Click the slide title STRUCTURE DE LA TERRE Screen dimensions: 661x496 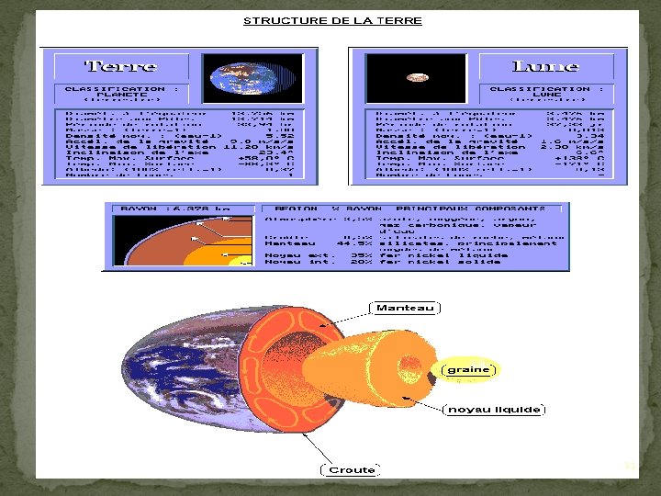point(332,20)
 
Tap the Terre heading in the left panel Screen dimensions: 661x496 point(120,66)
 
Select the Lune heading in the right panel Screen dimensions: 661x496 point(544,66)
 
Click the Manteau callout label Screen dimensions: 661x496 point(405,308)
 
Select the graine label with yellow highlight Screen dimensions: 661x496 point(469,370)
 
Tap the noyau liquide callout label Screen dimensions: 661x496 point(494,409)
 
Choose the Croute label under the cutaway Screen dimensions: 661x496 point(352,469)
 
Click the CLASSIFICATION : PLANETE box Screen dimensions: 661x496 point(115,93)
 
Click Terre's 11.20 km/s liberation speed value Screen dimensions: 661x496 point(261,145)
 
